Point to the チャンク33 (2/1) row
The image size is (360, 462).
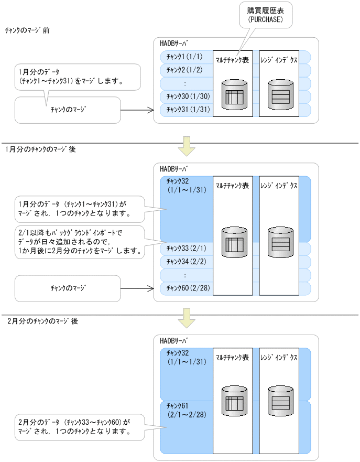click(x=184, y=248)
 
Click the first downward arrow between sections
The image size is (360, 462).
click(x=187, y=146)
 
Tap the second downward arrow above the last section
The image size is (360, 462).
click(x=187, y=318)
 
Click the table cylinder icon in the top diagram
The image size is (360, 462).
click(x=234, y=95)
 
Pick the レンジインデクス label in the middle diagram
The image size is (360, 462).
click(x=279, y=186)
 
